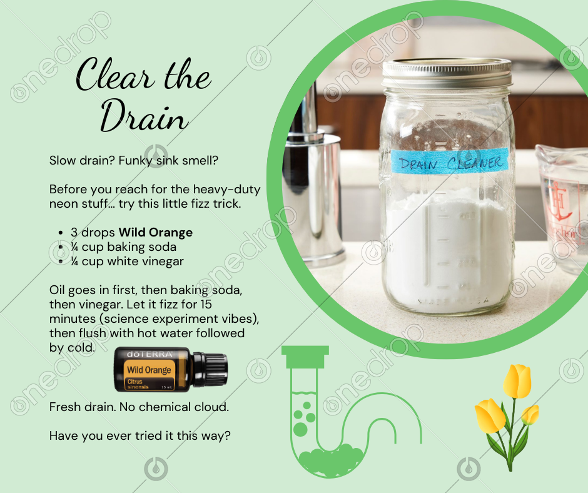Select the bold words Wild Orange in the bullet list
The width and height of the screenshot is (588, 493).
(x=156, y=232)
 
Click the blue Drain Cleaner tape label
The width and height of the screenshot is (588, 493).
(x=450, y=161)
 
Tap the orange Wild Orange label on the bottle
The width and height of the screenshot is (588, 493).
(x=150, y=374)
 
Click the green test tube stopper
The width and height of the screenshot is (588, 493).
(x=305, y=357)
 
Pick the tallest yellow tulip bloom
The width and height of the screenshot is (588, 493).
(x=517, y=380)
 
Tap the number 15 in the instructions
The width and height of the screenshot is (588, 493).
(x=206, y=304)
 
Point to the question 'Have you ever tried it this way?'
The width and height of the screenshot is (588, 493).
(x=140, y=436)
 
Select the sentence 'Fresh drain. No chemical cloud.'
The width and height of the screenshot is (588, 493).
(x=139, y=407)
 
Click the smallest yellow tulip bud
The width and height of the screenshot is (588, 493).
(x=529, y=415)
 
